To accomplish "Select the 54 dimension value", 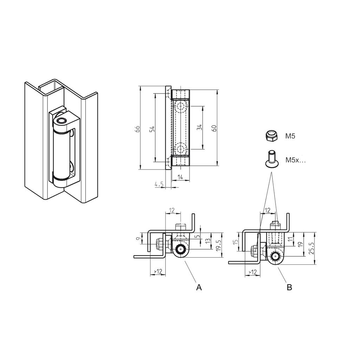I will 152,129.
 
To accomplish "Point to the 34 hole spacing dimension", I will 200,128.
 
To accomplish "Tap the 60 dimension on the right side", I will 214,128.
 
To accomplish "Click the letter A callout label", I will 199,287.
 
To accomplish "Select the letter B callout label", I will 289,287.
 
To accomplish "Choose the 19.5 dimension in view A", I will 219,245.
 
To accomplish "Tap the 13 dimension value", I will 208,241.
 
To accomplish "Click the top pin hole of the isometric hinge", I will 62,122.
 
